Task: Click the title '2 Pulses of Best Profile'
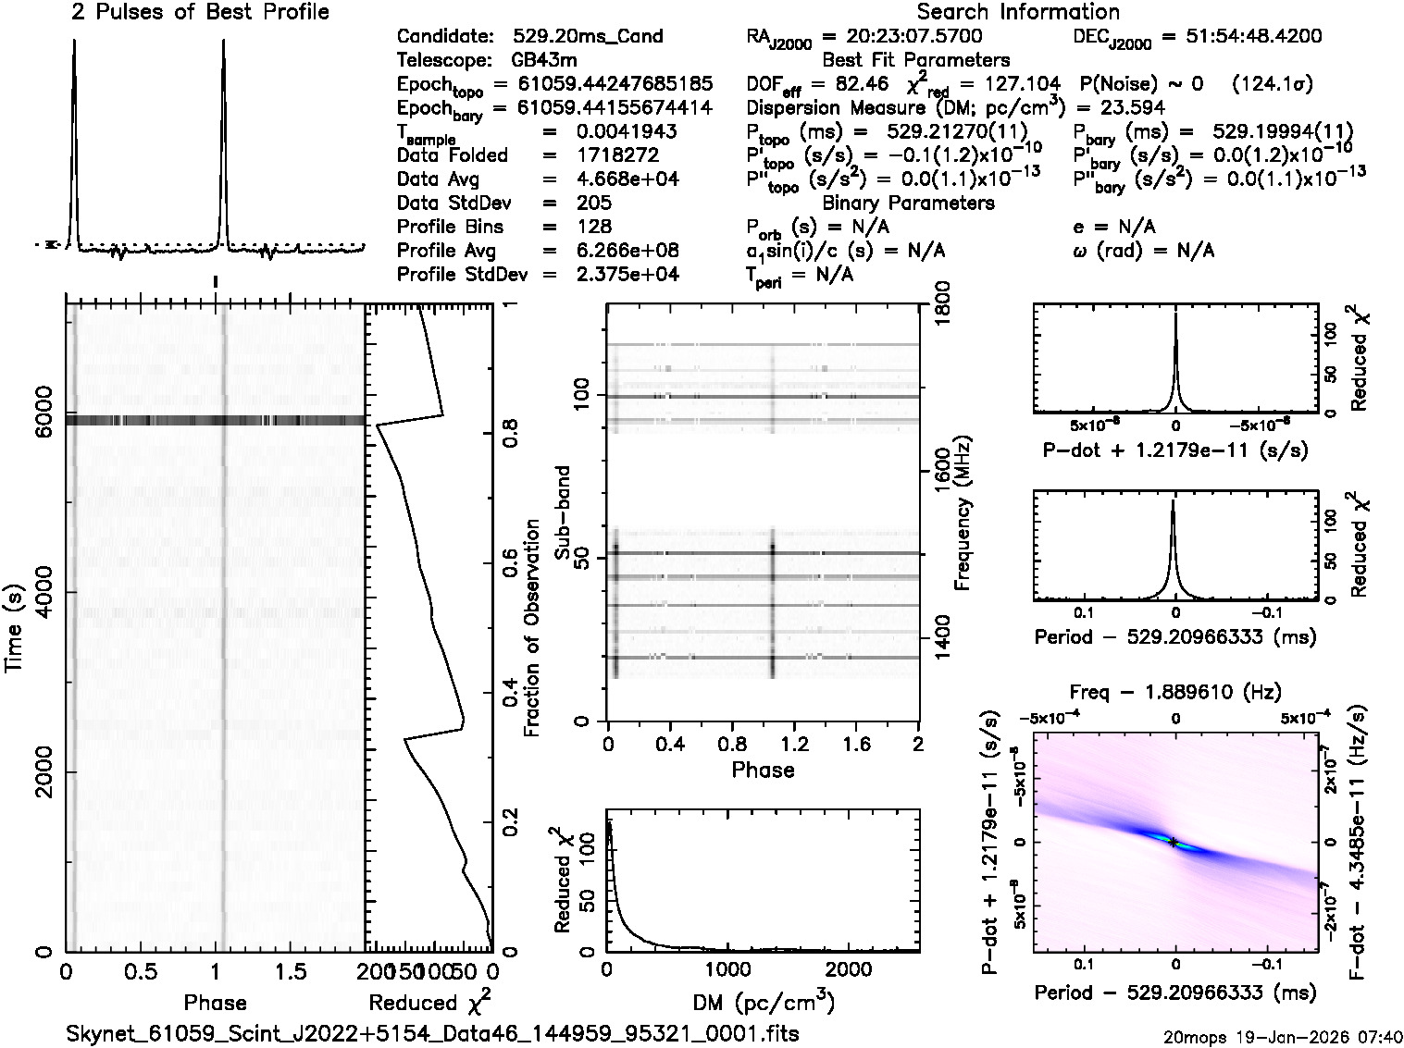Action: tap(200, 12)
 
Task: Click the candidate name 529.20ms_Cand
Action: tap(588, 37)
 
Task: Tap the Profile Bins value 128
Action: tap(592, 227)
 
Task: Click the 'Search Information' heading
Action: tap(1017, 12)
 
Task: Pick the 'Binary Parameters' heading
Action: tap(908, 203)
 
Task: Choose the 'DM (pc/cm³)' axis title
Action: tap(764, 1003)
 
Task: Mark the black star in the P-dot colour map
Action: tap(1174, 842)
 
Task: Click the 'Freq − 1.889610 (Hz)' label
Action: tap(1174, 691)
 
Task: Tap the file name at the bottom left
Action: tap(432, 1033)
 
